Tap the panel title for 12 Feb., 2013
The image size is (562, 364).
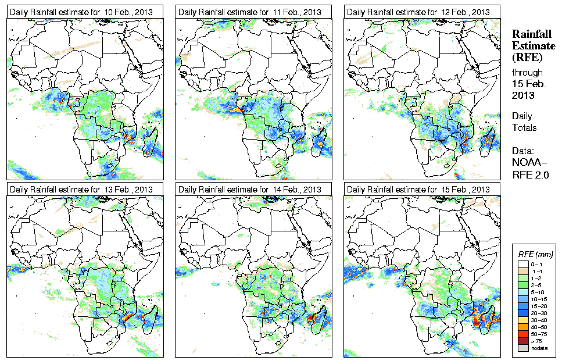pyautogui.click(x=418, y=12)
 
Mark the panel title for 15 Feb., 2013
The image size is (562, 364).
pyautogui.click(x=418, y=190)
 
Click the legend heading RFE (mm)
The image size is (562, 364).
pyautogui.click(x=535, y=254)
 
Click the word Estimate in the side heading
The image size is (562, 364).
pyautogui.click(x=528, y=46)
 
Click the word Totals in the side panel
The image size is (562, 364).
pyautogui.click(x=524, y=127)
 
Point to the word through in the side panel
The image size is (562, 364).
pyautogui.click(x=527, y=73)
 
